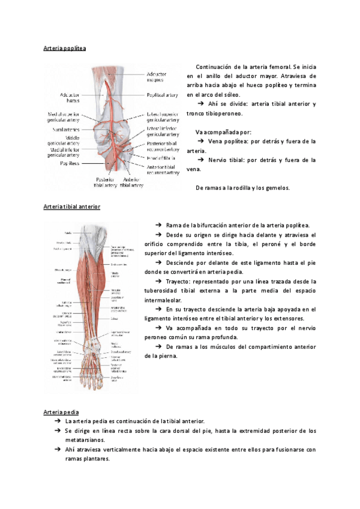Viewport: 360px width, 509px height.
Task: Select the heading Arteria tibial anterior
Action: [72, 206]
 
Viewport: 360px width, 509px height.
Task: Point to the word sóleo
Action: [231, 95]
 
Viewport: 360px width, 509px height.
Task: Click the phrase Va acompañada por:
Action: [223, 132]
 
